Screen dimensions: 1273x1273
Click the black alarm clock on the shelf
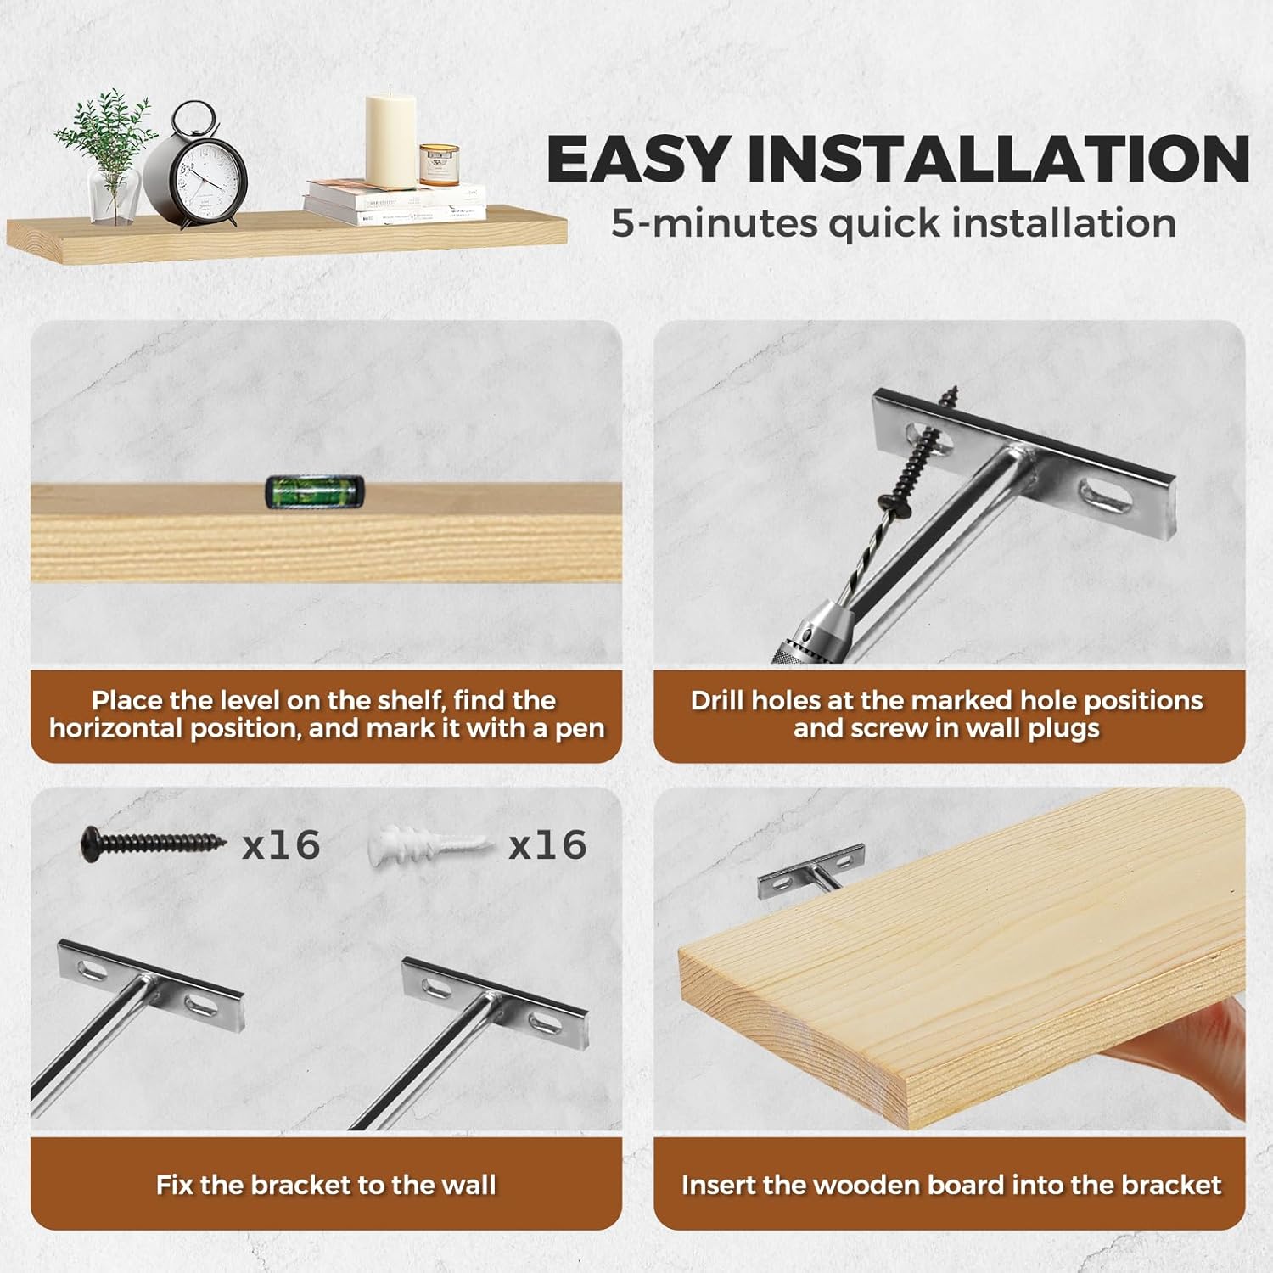pos(196,165)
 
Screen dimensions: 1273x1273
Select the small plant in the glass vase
pos(106,157)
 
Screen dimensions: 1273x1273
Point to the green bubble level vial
pos(315,492)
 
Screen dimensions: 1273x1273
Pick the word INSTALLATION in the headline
pos(999,159)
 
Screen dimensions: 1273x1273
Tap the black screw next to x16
pos(154,844)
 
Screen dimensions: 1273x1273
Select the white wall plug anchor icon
pos(431,845)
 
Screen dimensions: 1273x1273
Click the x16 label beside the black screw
pos(281,845)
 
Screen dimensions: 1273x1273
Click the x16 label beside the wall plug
pos(547,845)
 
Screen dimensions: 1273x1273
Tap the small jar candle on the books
pos(440,165)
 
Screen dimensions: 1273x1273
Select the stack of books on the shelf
pos(395,203)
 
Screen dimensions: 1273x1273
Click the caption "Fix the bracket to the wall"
pos(326,1185)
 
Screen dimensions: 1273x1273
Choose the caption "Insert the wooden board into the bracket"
pos(951,1185)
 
